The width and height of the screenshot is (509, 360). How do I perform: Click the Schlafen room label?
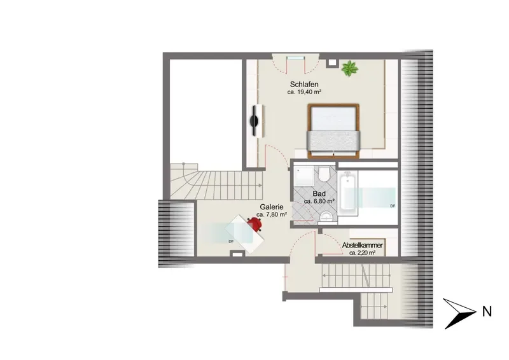304,85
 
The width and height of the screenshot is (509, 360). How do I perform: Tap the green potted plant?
349,69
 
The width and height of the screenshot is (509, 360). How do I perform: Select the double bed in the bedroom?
333,131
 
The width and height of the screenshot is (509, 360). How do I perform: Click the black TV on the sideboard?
254,121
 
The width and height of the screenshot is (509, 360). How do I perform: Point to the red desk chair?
255,224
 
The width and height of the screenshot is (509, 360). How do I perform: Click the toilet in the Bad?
324,175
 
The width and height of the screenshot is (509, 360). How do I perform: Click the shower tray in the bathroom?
304,177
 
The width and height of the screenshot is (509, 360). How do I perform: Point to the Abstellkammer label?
362,246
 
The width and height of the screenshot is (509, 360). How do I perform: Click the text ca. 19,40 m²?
304,92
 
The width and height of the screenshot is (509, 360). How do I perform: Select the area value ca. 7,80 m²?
272,214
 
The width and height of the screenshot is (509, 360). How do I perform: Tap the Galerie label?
272,207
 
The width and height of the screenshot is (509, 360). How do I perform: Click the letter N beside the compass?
487,312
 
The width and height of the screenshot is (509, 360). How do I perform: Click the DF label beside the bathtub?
393,206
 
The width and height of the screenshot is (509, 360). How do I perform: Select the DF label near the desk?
231,241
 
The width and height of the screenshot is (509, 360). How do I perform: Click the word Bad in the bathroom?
319,194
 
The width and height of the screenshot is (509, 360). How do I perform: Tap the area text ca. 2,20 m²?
362,253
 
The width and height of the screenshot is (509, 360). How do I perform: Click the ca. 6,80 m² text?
319,201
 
